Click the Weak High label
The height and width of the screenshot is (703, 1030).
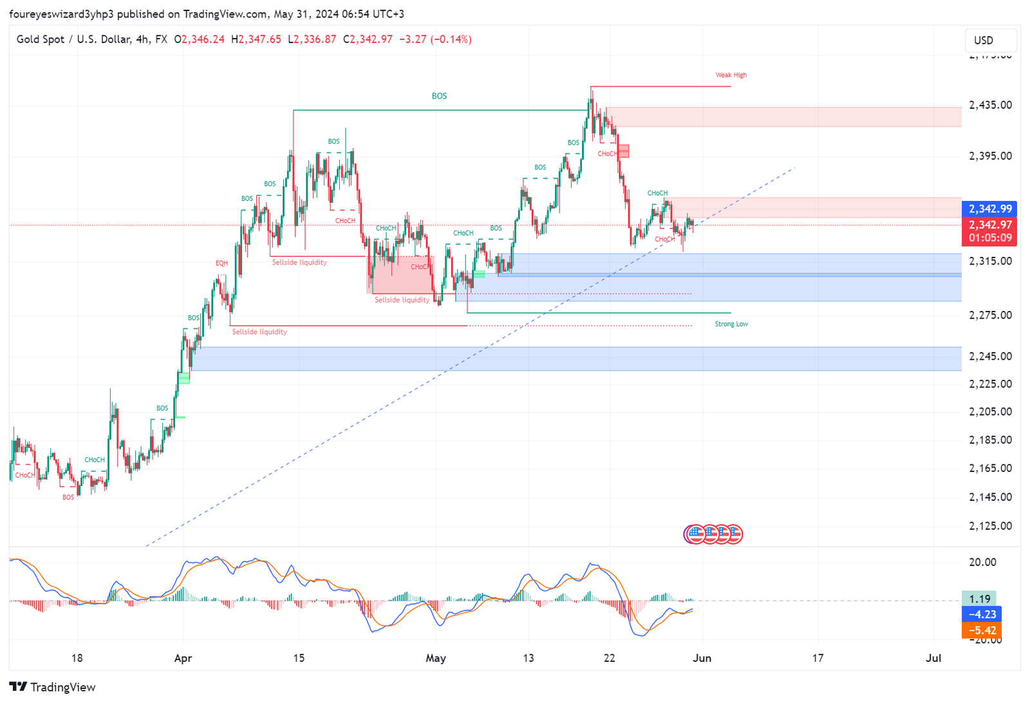[731, 75]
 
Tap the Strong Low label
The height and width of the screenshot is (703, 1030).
[731, 324]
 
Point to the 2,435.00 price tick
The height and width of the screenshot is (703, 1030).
[990, 105]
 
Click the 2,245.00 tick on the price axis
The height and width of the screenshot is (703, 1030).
[990, 356]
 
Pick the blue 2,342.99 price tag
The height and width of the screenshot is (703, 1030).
[990, 209]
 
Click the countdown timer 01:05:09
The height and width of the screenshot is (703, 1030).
[990, 238]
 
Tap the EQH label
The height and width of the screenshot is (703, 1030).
[221, 263]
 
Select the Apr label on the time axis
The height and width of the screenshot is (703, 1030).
[183, 658]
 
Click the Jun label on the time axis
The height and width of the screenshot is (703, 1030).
[702, 658]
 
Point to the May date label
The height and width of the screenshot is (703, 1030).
[436, 658]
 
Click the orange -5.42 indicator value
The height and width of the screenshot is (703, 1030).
[981, 630]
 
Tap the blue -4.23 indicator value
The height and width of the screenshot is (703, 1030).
[981, 614]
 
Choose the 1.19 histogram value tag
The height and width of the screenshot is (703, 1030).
[979, 599]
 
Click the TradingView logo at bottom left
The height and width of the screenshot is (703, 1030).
[53, 687]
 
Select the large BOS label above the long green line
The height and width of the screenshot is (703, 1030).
[439, 96]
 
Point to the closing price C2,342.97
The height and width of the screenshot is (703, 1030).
[368, 39]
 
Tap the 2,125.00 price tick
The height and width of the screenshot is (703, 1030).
[990, 526]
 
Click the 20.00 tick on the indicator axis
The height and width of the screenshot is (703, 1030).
[982, 562]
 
